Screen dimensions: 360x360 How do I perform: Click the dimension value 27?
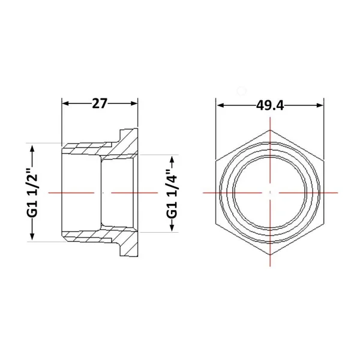coord(100,103)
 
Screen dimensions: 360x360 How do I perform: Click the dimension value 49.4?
coord(270,106)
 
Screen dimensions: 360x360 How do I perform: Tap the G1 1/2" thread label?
coord(32,193)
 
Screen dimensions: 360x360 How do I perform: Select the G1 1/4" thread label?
coord(172,194)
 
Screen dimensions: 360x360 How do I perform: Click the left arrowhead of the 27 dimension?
coord(65,103)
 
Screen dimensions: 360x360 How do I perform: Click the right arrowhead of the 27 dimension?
coord(134,103)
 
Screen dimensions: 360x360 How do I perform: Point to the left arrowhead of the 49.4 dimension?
coord(220,106)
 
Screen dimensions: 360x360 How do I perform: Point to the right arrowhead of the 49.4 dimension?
coord(320,106)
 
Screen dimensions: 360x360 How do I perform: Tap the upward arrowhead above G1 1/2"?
coord(32,149)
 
